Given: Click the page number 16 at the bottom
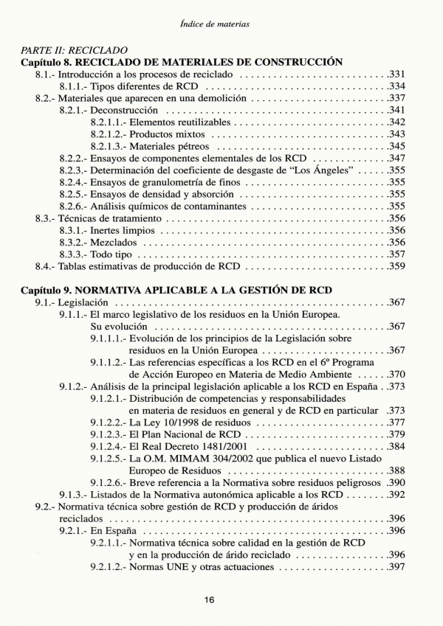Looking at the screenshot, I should (209, 599).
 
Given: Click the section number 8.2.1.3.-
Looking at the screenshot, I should (109, 146).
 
